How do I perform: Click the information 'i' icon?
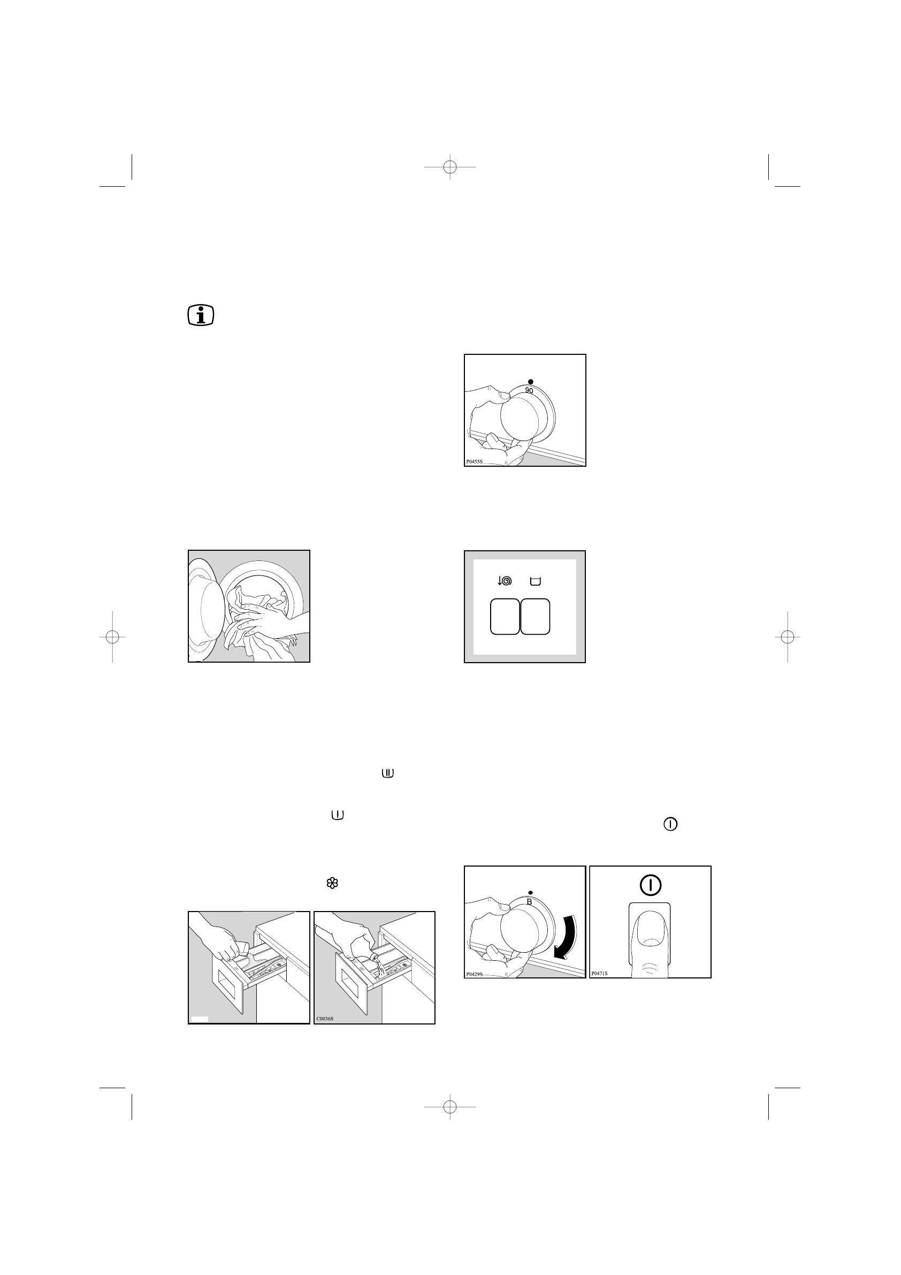coord(201,315)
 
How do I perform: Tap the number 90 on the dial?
coord(529,391)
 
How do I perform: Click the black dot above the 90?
coord(531,382)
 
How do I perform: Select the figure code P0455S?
coord(474,461)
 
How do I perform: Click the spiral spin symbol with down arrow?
coord(504,581)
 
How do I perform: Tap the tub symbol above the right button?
coord(535,581)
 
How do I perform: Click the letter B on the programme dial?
coord(529,902)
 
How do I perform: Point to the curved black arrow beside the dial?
coord(567,938)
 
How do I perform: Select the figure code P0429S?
coord(474,974)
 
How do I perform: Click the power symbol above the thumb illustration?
coord(650,885)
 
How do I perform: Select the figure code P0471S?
coord(599,974)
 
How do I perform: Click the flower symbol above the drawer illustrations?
coord(332,883)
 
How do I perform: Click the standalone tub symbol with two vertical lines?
coord(387,773)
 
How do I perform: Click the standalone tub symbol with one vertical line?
coord(338,815)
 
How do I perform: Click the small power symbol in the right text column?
coord(670,825)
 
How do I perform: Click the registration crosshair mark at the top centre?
coord(449,166)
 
